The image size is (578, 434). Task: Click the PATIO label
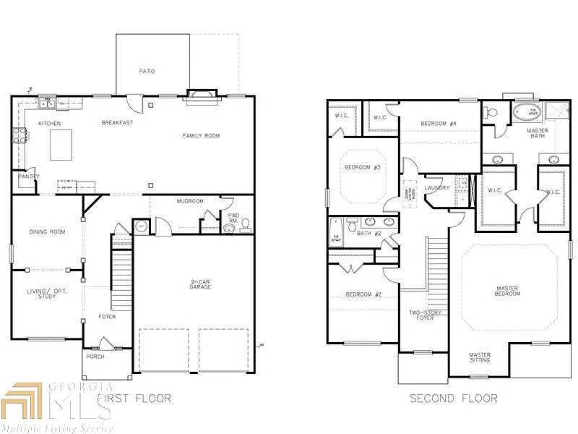click(x=147, y=71)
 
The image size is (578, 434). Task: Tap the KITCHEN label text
click(x=50, y=124)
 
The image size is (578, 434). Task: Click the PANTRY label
click(x=29, y=176)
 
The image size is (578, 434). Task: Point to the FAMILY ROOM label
click(x=201, y=136)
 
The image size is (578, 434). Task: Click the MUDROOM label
click(x=190, y=201)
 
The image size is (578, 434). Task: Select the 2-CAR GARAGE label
click(x=200, y=284)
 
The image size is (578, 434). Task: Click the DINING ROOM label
click(x=47, y=232)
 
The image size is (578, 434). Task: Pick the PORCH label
click(x=95, y=357)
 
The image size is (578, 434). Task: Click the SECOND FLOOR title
click(x=453, y=399)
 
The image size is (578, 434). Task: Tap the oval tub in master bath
click(x=527, y=112)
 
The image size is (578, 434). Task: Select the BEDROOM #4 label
click(x=439, y=124)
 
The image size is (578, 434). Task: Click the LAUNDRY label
click(x=436, y=188)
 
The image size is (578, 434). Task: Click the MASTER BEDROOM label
click(x=507, y=291)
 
